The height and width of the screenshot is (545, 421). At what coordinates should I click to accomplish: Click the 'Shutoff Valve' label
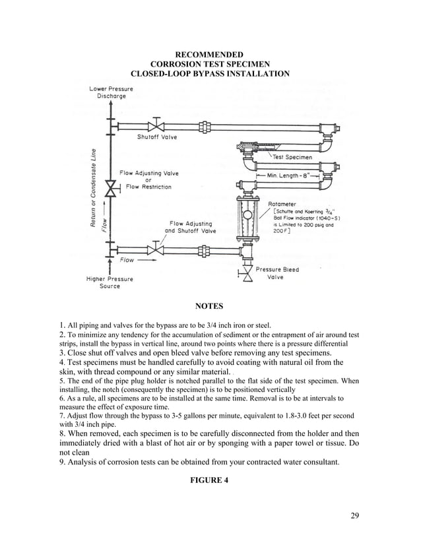click(x=157, y=137)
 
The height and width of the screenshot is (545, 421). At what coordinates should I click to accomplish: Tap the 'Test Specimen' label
click(x=292, y=157)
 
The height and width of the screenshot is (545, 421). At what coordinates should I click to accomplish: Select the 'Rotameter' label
click(x=282, y=205)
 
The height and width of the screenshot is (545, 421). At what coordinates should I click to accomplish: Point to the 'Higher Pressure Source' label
click(x=110, y=282)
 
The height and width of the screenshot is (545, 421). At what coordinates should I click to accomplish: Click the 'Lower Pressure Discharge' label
click(x=111, y=92)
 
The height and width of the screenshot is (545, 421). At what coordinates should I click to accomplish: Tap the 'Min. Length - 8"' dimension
click(x=292, y=176)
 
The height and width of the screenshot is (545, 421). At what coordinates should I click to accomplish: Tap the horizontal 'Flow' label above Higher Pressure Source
click(x=127, y=260)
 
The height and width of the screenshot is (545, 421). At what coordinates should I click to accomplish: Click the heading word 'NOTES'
click(x=210, y=306)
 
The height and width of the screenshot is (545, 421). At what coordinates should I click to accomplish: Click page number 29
click(x=354, y=515)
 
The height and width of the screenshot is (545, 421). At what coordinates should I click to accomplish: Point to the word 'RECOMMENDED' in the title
click(x=209, y=54)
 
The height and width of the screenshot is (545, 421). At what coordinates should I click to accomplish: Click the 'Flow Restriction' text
click(x=148, y=187)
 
